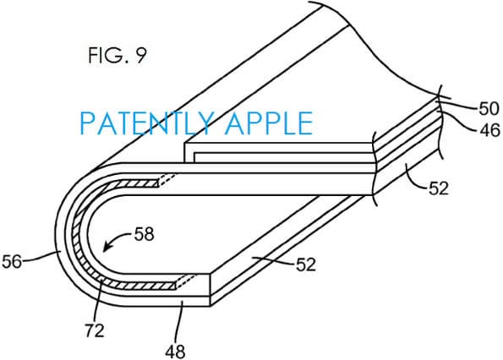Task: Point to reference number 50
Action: click(467, 108)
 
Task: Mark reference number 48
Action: click(179, 347)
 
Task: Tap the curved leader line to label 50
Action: click(447, 108)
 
